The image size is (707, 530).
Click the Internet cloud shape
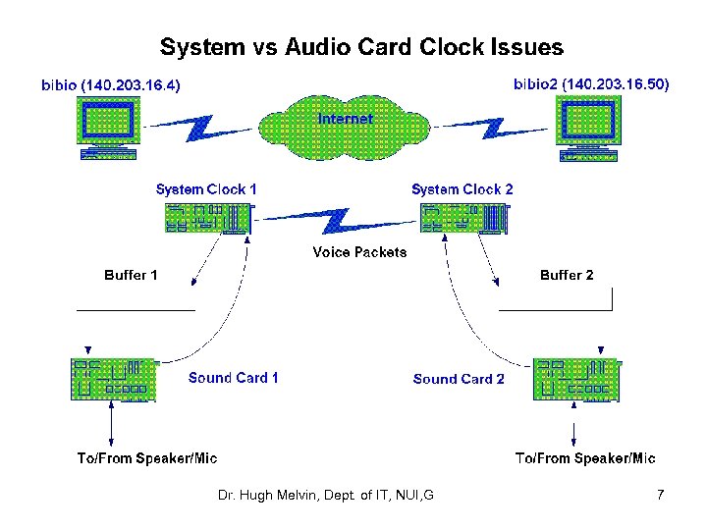[345, 128]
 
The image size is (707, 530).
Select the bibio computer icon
[108, 128]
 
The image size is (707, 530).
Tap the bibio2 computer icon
[588, 129]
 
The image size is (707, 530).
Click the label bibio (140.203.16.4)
[110, 84]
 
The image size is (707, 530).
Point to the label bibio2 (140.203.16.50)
[591, 83]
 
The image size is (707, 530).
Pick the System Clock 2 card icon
[465, 219]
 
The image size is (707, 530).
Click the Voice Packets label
[359, 252]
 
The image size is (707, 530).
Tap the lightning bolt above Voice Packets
[337, 221]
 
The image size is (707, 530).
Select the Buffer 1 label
[131, 275]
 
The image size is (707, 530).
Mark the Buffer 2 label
[567, 275]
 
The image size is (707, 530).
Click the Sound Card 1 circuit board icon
[114, 380]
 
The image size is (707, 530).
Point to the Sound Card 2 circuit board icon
[577, 380]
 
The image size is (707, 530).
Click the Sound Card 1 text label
[233, 377]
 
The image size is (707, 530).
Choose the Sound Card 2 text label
[459, 379]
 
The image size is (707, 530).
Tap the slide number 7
[660, 495]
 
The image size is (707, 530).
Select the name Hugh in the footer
[255, 496]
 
